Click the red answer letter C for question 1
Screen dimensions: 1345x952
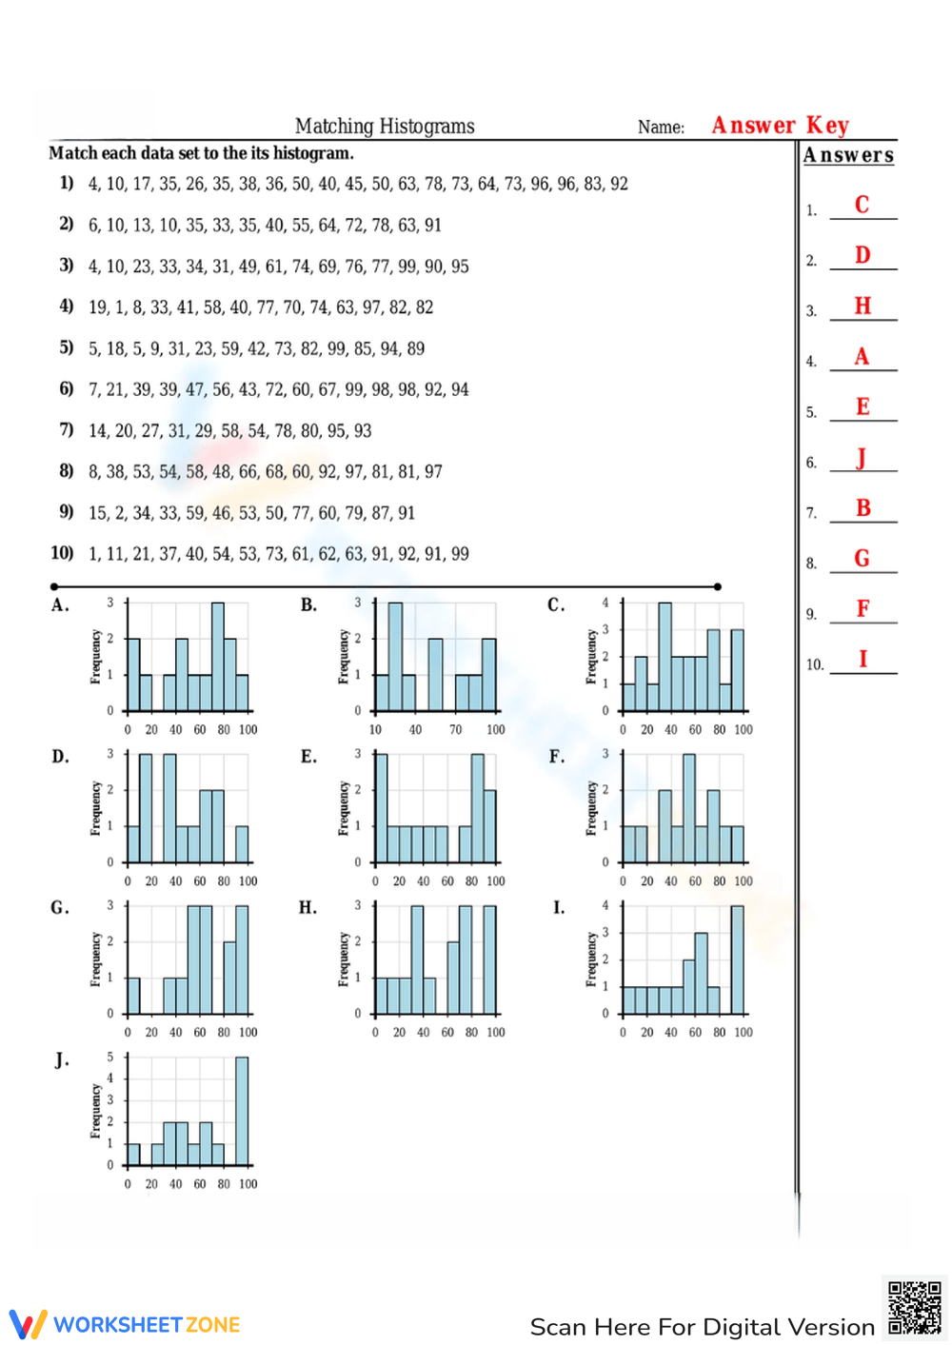coord(862,205)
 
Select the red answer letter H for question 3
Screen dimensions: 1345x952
coord(863,306)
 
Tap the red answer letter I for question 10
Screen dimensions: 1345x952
coord(863,659)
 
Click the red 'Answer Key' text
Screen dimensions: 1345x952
coord(780,126)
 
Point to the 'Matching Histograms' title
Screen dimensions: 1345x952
coord(385,127)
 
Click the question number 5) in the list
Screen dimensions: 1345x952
coord(67,347)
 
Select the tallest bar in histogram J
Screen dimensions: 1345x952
coord(242,1110)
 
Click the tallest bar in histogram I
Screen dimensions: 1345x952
coord(737,959)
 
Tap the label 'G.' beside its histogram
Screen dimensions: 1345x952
coord(60,908)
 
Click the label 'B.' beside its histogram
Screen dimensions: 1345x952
coord(308,605)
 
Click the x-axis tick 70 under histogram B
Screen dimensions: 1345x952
coord(455,730)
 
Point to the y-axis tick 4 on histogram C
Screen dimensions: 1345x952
coord(605,603)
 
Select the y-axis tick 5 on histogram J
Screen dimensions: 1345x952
coord(110,1058)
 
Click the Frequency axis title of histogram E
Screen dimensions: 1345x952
coord(344,808)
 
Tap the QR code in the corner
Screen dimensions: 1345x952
coord(914,1309)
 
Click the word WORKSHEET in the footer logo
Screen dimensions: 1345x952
coord(118,1325)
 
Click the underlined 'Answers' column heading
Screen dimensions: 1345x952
coord(848,155)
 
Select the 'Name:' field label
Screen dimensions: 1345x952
coord(661,128)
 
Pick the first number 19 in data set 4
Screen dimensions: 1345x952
coord(98,307)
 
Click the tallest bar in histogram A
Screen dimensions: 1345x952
coord(218,657)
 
